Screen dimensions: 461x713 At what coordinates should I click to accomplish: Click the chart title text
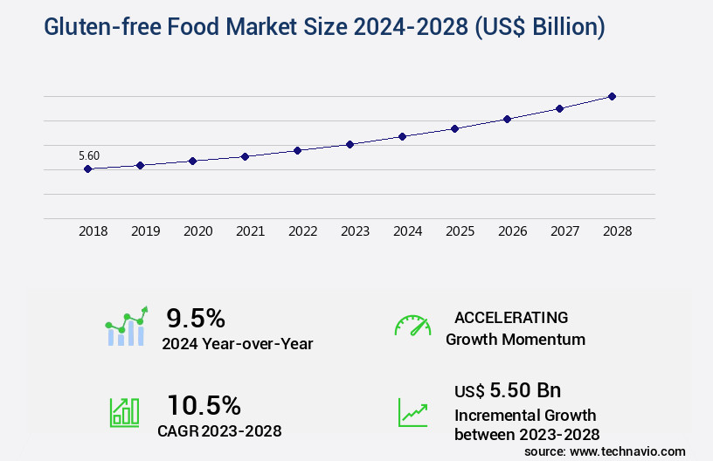click(x=311, y=26)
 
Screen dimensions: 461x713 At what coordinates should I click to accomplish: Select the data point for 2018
click(x=88, y=169)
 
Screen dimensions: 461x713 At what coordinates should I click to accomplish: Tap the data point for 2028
click(x=612, y=96)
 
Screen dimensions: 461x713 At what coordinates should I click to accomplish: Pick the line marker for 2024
click(x=402, y=136)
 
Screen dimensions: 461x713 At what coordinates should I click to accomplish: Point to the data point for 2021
click(x=246, y=156)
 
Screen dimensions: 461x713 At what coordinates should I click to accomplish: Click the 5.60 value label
click(x=89, y=155)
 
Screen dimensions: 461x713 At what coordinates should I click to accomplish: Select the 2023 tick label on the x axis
click(x=355, y=231)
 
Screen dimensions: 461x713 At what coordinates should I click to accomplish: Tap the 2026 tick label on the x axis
click(x=512, y=231)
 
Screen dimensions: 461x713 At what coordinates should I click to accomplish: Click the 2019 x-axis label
click(x=145, y=231)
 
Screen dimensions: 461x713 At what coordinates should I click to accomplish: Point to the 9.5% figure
click(x=196, y=317)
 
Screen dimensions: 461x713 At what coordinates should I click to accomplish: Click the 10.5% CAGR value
click(x=204, y=404)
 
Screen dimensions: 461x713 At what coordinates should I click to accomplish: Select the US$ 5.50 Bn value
click(x=508, y=390)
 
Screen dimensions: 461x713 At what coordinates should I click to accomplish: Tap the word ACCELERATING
click(x=511, y=317)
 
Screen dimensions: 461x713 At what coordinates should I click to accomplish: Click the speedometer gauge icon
click(x=412, y=326)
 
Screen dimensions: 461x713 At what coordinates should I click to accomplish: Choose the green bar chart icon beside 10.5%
click(x=124, y=412)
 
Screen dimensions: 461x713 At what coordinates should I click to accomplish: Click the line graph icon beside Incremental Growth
click(x=412, y=412)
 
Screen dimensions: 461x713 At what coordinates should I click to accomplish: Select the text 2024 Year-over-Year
click(x=237, y=343)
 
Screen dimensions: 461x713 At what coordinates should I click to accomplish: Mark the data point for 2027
click(x=559, y=108)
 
